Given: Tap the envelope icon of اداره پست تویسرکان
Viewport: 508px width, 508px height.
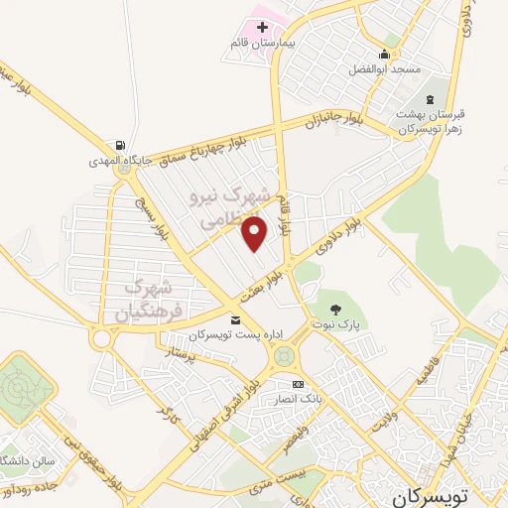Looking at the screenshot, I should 235,319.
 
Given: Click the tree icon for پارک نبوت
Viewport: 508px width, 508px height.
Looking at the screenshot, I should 334,308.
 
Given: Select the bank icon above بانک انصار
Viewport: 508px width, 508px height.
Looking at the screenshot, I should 297,385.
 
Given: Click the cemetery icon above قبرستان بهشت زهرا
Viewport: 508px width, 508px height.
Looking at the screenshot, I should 430,98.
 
